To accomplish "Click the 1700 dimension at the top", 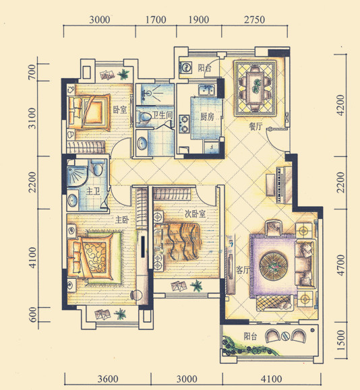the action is [x=156, y=20].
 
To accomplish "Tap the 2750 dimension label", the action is [x=254, y=20].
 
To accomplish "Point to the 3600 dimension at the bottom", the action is [x=108, y=379].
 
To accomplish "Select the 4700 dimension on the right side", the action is [x=340, y=265].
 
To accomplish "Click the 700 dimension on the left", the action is [x=32, y=72].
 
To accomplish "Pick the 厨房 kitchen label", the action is [x=207, y=117].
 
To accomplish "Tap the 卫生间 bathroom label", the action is [x=162, y=115].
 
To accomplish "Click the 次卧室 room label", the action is [x=196, y=214].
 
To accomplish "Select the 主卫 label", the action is [x=93, y=191].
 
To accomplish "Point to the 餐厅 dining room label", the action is [x=256, y=127].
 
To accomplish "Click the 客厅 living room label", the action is [x=243, y=270].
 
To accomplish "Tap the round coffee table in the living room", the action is [x=273, y=266].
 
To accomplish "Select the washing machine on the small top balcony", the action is [x=186, y=67].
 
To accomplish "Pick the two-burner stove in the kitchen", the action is [x=184, y=124].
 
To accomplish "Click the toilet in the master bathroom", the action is [x=98, y=166].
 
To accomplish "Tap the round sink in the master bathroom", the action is [x=72, y=200].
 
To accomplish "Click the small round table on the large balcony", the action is [x=286, y=336].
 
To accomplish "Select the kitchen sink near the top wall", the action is [x=207, y=90].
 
